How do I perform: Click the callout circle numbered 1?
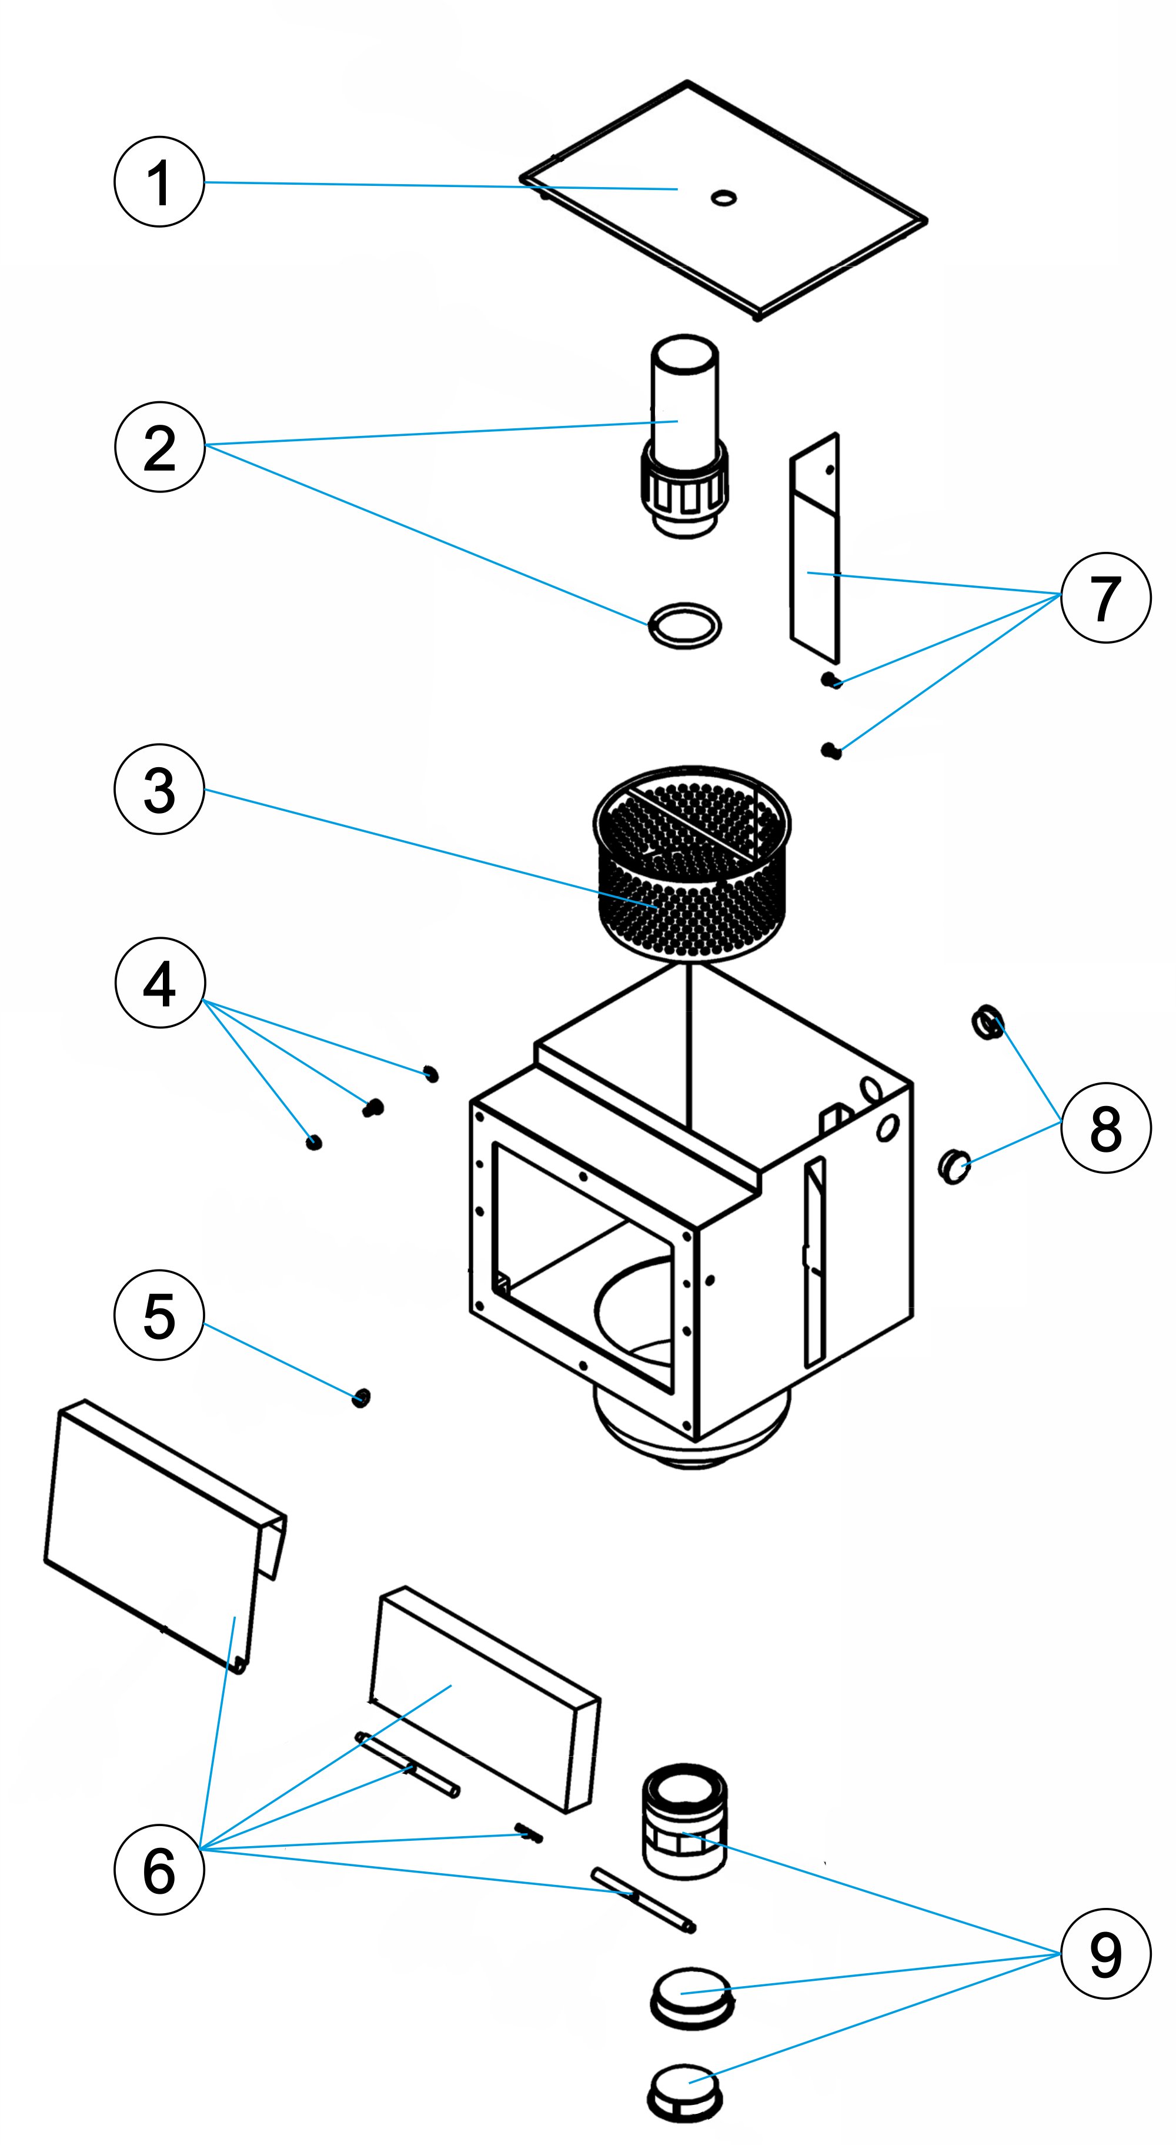pos(159,182)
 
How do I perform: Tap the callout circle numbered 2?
pos(159,447)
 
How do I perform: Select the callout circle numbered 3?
pos(159,788)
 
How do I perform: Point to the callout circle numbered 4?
pos(159,984)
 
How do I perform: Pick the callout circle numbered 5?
pos(159,1317)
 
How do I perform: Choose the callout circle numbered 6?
pos(159,1870)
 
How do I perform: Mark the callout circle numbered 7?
pos(1105,597)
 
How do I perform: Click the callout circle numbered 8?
pos(1105,1128)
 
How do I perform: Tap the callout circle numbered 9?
pos(1105,1953)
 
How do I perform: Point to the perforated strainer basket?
pos(691,864)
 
